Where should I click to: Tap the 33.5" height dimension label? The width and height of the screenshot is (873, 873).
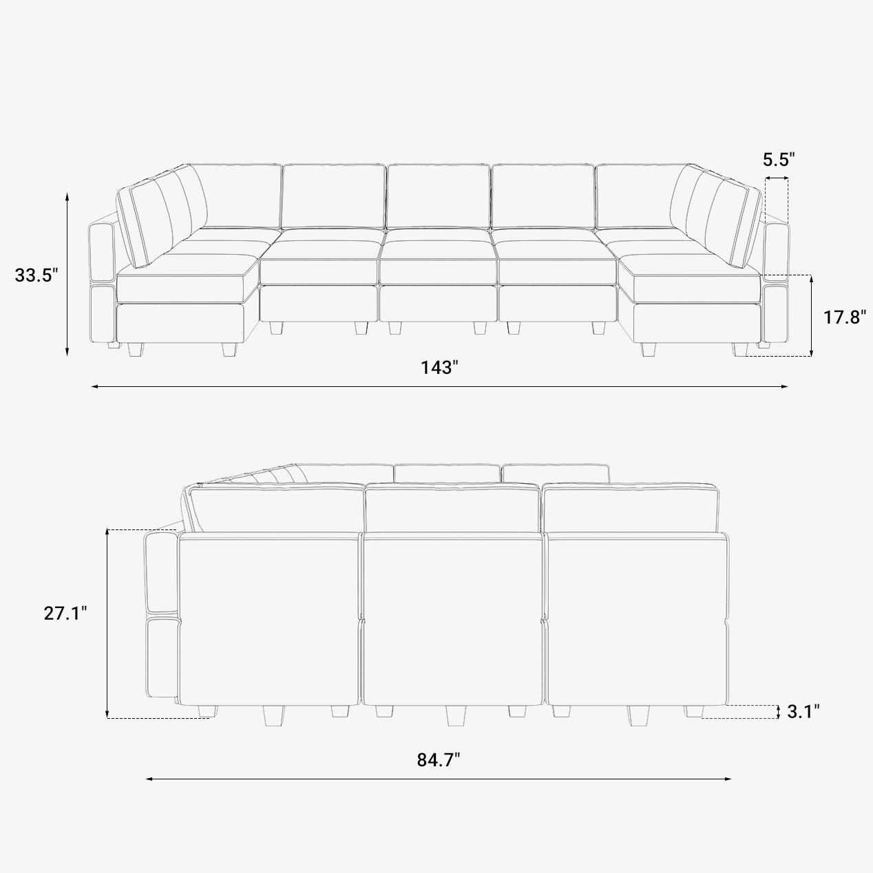coord(36,275)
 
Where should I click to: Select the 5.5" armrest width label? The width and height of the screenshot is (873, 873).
coord(779,160)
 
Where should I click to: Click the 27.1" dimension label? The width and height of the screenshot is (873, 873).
coord(65,613)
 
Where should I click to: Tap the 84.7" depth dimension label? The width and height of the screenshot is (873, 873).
coord(438,759)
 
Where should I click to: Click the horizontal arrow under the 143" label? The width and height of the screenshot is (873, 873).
coord(439,386)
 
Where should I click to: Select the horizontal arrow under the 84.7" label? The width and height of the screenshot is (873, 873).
coord(438,779)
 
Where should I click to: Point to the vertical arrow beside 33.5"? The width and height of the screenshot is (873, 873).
coord(67,274)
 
